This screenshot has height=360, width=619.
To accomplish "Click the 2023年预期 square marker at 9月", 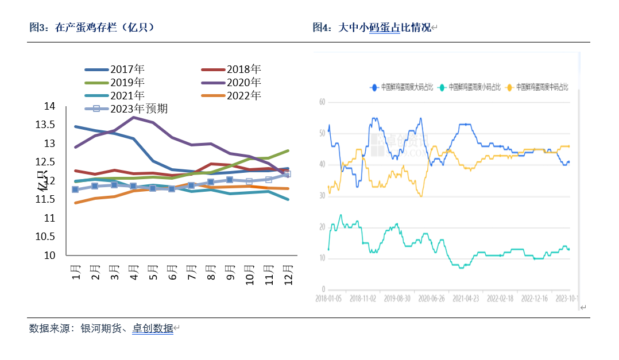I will [x=230, y=180].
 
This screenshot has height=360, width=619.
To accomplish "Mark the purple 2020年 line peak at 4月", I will [x=134, y=117].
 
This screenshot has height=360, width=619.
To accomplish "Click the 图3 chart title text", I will [x=92, y=27].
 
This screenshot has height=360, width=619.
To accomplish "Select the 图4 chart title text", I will [x=372, y=27].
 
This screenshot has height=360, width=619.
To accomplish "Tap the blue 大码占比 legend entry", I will [x=402, y=87].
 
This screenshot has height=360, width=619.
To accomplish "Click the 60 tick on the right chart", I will [x=322, y=102].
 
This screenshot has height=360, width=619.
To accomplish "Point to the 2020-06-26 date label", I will [x=431, y=299].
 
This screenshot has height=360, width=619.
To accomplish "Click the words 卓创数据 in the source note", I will [x=153, y=328].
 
